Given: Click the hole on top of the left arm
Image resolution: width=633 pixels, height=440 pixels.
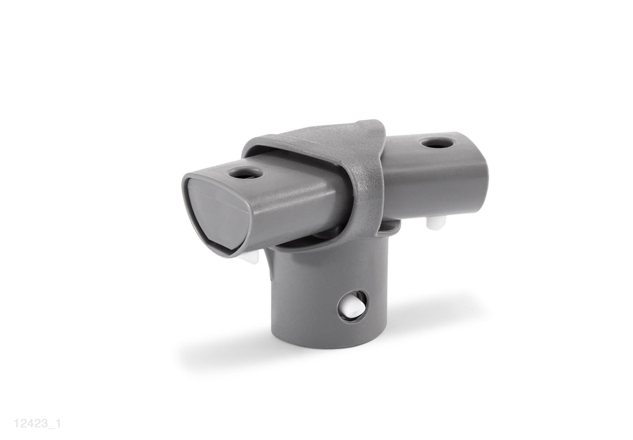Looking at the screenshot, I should click(244, 174).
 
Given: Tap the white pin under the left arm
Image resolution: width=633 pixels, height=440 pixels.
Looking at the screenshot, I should click(252, 258).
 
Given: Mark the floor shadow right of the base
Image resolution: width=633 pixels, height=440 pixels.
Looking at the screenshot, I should click(435, 317).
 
